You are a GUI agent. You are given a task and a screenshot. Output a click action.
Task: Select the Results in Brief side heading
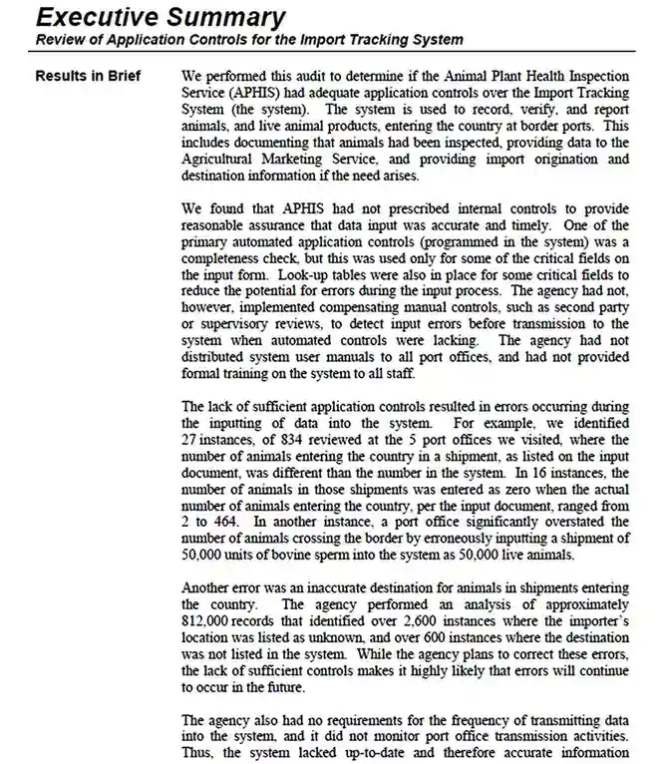(88, 76)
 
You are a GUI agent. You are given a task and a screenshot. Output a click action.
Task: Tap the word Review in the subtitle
(62, 40)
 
